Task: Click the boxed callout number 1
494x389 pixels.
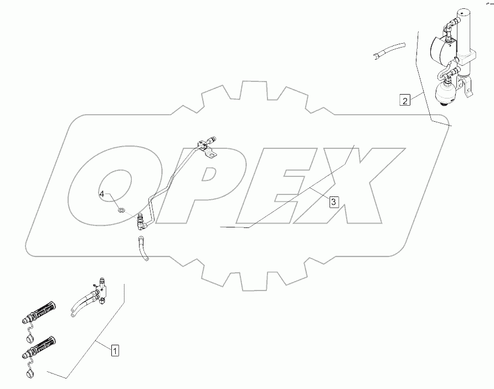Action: pyautogui.click(x=115, y=350)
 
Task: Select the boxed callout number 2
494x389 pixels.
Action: pyautogui.click(x=405, y=100)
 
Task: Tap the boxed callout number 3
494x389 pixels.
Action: pyautogui.click(x=333, y=202)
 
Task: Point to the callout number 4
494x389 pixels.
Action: pyautogui.click(x=102, y=194)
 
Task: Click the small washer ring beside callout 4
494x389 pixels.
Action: pyautogui.click(x=122, y=210)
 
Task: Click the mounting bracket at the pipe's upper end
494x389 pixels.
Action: pyautogui.click(x=209, y=150)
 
